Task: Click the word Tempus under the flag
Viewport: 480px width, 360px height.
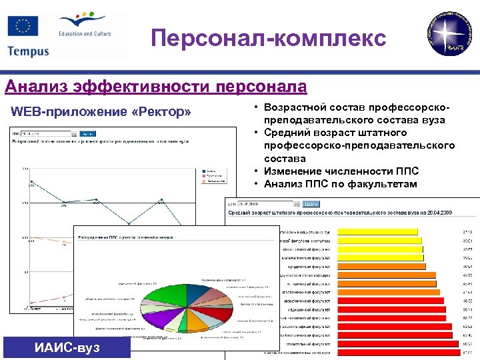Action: [x=29, y=51]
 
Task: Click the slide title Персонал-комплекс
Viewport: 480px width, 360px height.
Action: [x=268, y=38]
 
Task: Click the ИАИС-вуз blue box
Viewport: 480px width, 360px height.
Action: [x=67, y=347]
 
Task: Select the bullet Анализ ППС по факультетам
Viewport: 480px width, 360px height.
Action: [x=340, y=184]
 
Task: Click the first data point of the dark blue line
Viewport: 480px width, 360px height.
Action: [x=31, y=181]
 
